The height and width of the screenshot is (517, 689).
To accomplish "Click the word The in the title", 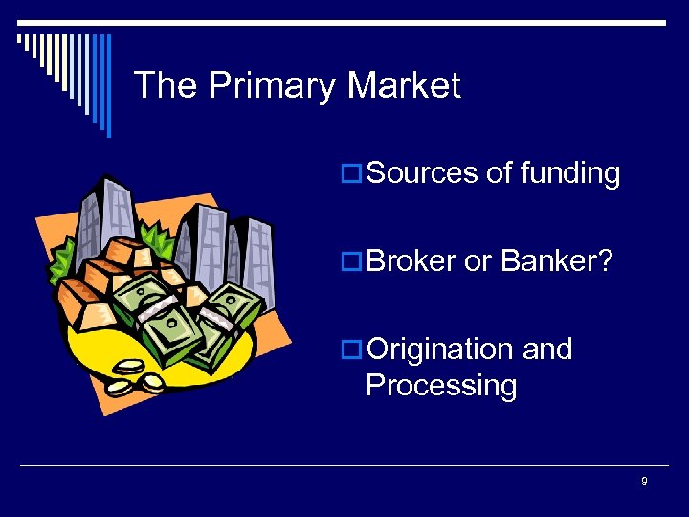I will point(166,85).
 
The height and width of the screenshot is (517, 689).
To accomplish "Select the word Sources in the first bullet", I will point(422,173).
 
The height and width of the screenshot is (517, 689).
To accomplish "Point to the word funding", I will point(570,173).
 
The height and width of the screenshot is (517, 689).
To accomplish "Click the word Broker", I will point(411,261).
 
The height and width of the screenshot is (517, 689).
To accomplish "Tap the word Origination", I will point(440,349).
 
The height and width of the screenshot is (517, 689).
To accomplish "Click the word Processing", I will point(441,385).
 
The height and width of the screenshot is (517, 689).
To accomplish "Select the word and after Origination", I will point(547,349).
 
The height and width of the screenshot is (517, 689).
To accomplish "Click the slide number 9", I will point(644,482).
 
